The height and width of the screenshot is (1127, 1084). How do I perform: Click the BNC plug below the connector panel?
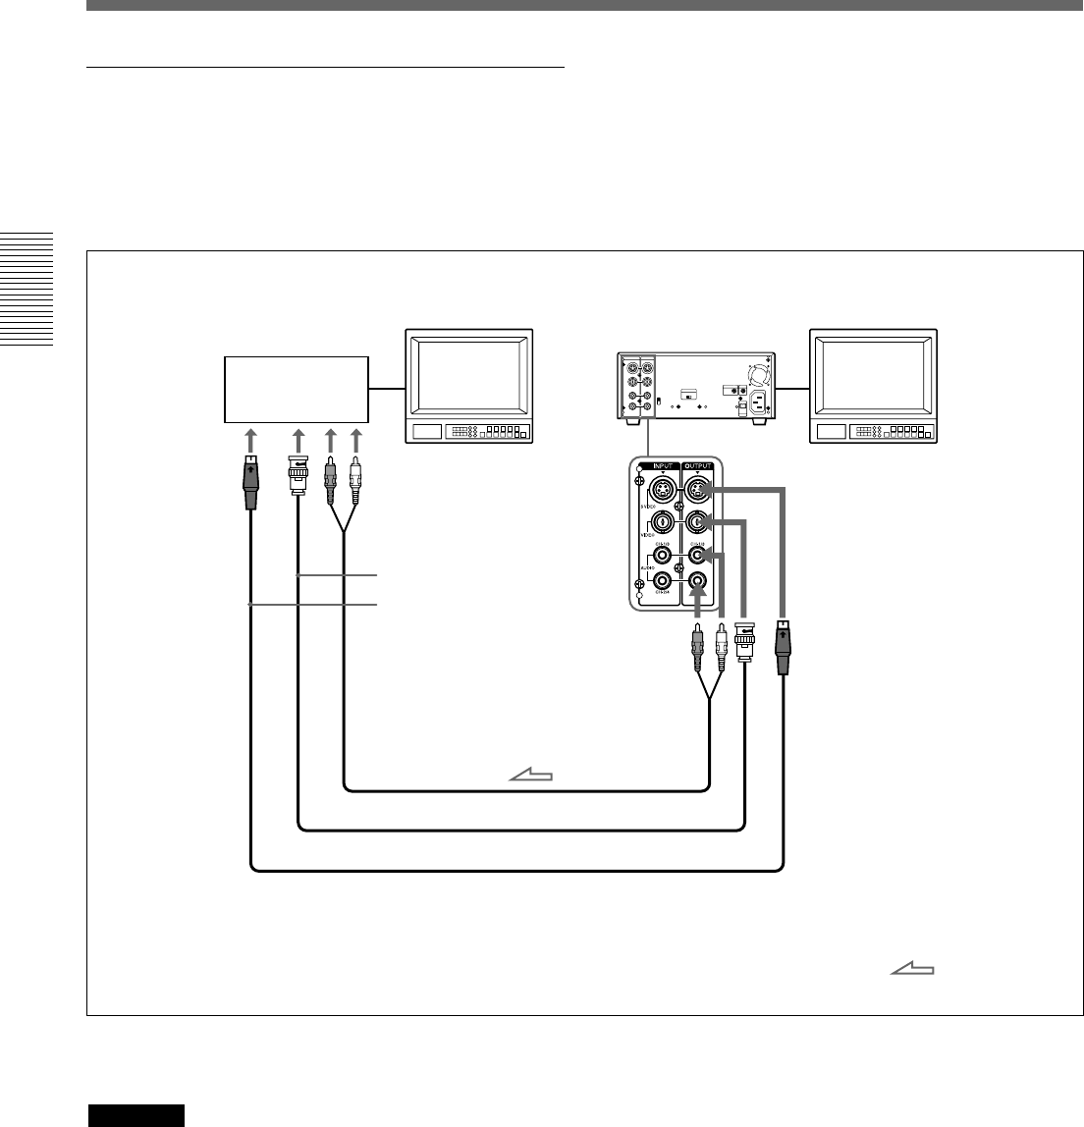point(744,642)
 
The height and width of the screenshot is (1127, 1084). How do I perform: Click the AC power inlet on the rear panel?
point(757,402)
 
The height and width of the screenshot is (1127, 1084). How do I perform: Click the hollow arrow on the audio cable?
point(530,777)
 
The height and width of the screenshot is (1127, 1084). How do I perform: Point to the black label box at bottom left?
point(135,1115)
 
